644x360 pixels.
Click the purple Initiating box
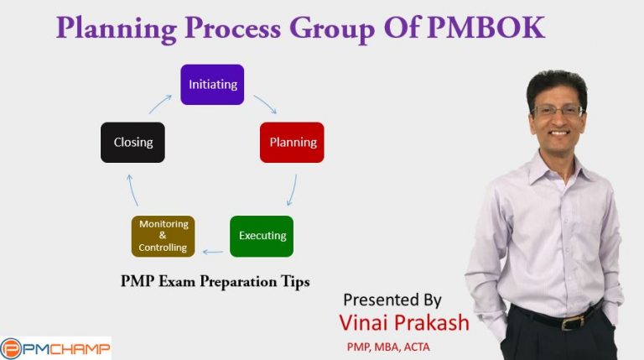212,84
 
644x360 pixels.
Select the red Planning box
292,142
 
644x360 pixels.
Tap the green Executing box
262,236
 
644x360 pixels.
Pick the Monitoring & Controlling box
163,236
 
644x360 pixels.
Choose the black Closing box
132,142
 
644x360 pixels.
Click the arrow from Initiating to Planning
265,103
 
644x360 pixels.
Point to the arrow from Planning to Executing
293,190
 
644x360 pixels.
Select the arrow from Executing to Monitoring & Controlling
213,251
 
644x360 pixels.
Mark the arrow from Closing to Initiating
160,103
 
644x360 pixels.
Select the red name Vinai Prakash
403,323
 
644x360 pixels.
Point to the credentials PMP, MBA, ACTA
387,346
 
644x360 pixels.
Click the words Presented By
392,300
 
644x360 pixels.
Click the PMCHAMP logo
55,347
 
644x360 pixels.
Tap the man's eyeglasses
558,110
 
